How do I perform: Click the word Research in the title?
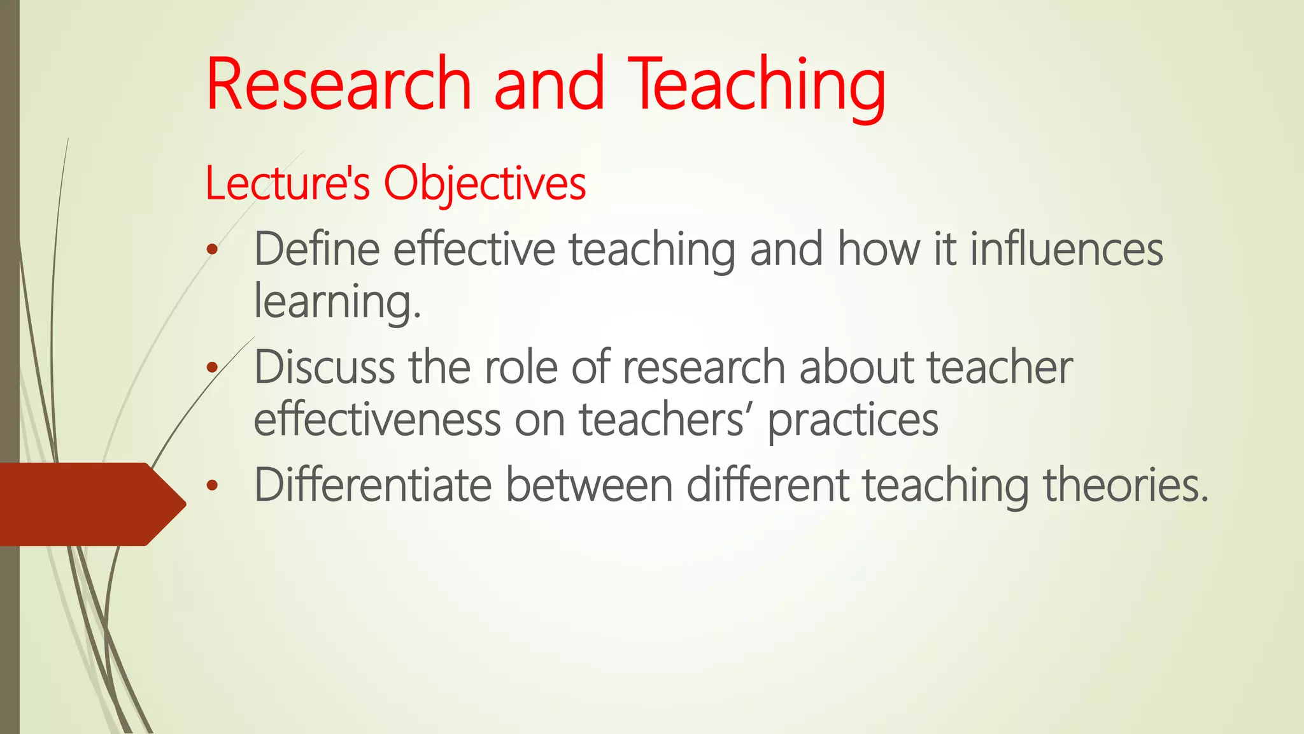(338, 84)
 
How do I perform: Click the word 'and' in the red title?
(549, 84)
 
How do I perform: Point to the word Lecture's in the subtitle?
(287, 183)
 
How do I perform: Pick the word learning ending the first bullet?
(337, 302)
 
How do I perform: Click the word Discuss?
(324, 368)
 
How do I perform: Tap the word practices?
(853, 421)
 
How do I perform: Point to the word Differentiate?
(372, 486)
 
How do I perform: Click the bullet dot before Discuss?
(212, 368)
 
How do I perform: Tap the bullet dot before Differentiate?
(212, 486)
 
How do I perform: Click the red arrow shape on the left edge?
(89, 504)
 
